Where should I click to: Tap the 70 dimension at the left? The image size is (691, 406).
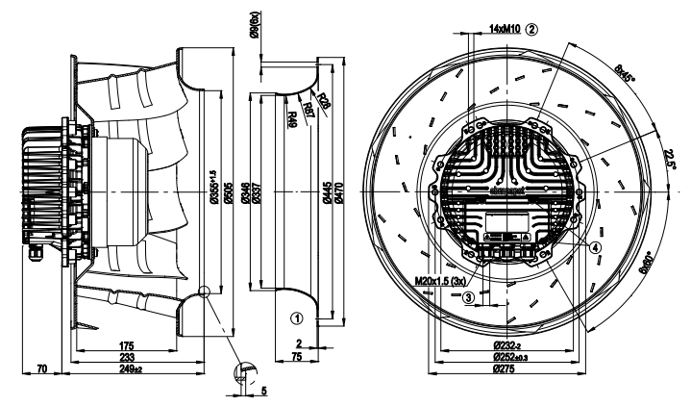pos(41,368)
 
